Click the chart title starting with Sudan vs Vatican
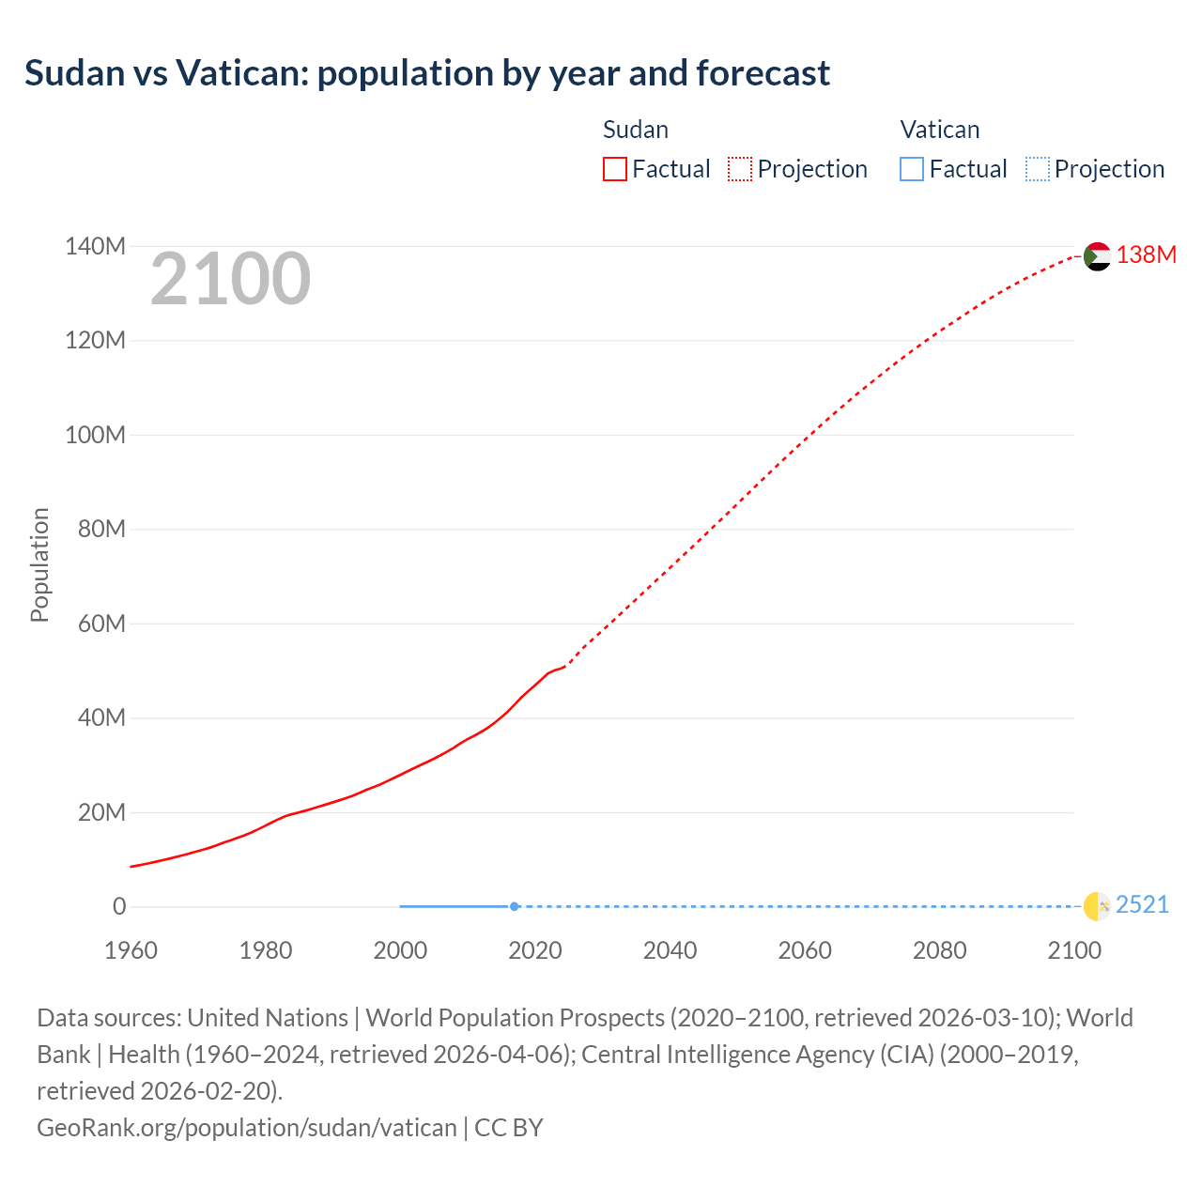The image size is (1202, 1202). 427,73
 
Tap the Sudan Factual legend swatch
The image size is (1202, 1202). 615,169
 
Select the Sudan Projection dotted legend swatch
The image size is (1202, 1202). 740,169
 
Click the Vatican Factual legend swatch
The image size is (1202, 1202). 912,169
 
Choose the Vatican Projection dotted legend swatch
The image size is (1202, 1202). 1038,169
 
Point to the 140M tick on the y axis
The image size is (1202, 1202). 95,247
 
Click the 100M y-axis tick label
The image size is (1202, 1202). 95,436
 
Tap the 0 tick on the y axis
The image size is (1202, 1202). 119,907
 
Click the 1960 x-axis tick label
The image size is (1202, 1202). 131,950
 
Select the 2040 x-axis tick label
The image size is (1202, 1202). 670,950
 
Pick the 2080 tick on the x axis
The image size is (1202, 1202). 939,950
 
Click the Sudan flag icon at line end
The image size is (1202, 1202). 1097,256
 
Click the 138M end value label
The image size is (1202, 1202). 1146,255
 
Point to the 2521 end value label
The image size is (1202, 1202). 1142,905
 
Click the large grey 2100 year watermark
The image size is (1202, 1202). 230,279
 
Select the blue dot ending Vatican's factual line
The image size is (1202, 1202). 515,906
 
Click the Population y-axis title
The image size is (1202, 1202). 39,564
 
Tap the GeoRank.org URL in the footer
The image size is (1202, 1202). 247,1128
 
